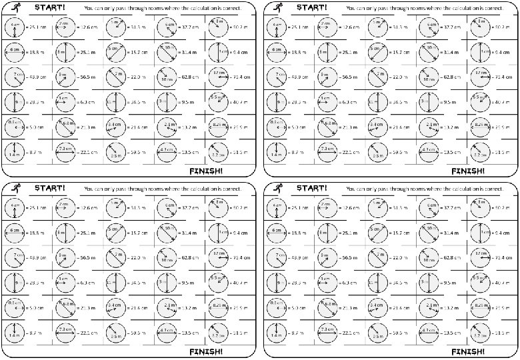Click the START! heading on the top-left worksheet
[50, 7]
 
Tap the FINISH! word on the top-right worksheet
[468, 170]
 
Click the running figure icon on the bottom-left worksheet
[15, 189]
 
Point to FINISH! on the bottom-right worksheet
[468, 351]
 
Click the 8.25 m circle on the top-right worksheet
[478, 127]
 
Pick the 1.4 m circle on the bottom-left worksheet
[15, 333]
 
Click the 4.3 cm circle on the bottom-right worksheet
[427, 331]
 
